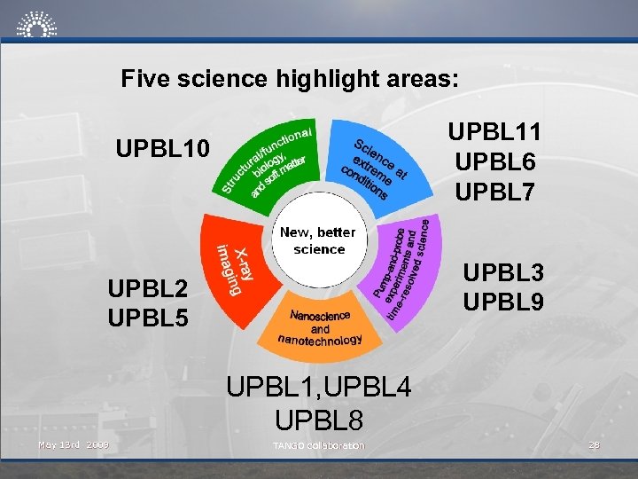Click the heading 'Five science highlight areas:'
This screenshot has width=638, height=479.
[290, 79]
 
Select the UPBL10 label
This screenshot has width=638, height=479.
[164, 149]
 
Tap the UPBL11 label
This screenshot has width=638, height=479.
[494, 133]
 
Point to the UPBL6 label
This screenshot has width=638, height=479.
[494, 162]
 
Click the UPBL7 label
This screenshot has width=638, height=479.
[494, 191]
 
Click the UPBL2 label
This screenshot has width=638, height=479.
[147, 288]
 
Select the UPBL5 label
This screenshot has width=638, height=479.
[147, 317]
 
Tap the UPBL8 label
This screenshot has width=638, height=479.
[318, 417]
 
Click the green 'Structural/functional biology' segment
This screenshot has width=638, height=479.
[266, 160]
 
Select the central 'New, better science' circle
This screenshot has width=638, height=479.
[318, 240]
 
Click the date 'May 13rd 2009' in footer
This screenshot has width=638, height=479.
[74, 444]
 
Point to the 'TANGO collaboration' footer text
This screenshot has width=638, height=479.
[318, 445]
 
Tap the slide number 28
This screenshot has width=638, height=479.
[595, 444]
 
